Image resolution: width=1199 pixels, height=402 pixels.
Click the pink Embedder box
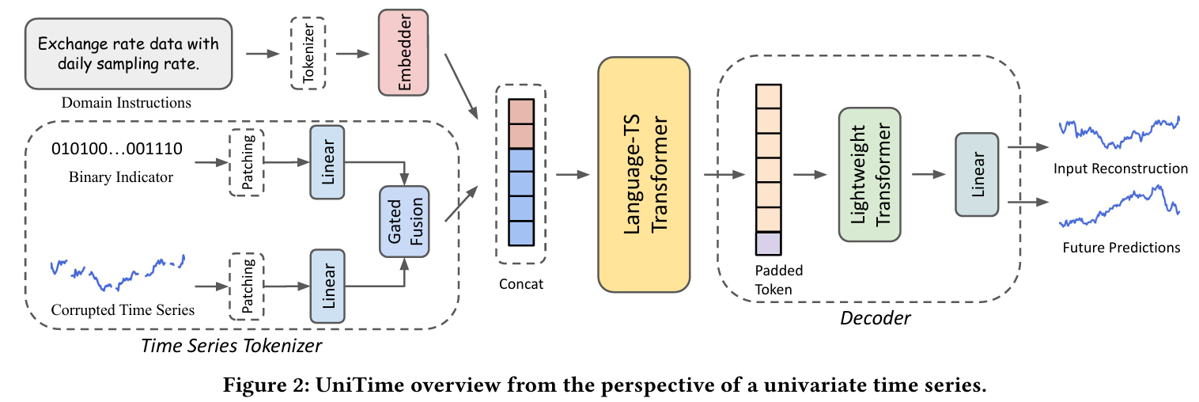(403, 52)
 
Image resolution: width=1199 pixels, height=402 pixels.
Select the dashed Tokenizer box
(308, 53)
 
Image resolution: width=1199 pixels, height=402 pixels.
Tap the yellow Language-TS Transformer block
(644, 175)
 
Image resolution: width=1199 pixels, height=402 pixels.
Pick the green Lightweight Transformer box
(870, 175)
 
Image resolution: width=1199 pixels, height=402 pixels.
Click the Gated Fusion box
(404, 222)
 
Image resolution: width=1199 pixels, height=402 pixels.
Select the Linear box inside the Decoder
(977, 175)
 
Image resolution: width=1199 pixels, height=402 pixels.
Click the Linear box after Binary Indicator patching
(327, 162)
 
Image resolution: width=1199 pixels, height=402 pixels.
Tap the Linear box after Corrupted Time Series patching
(327, 286)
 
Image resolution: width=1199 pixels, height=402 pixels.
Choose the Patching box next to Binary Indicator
(247, 162)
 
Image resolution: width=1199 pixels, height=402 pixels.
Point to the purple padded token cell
(768, 244)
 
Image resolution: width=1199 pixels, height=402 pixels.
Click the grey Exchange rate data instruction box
(128, 54)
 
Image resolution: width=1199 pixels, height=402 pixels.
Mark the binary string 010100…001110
(117, 148)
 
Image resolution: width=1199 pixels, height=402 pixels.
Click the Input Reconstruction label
(1121, 169)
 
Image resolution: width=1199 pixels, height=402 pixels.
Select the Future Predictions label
(1121, 248)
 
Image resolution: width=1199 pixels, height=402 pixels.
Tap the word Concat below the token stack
(521, 284)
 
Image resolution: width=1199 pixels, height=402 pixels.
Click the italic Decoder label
(876, 318)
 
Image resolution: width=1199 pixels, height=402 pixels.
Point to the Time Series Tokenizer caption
(231, 346)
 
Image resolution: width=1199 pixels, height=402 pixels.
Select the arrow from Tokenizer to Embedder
(353, 54)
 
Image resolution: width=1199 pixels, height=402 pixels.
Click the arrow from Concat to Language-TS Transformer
(573, 175)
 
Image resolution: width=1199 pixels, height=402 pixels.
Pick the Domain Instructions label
(127, 102)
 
